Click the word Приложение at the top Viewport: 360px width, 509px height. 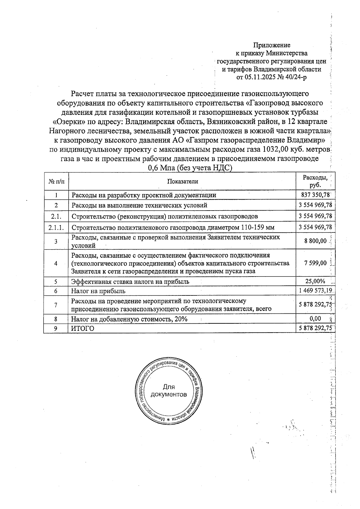click(x=272, y=45)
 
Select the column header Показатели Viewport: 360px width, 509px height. click(x=183, y=181)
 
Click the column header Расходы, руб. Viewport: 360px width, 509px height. click(x=315, y=181)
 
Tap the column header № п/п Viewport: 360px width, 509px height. click(x=56, y=181)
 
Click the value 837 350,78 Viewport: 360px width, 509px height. click(x=315, y=195)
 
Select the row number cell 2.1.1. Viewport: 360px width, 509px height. click(x=56, y=227)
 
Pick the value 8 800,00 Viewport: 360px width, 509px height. click(x=315, y=241)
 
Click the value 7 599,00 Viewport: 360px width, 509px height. click(x=315, y=263)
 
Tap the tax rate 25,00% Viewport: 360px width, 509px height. click(x=315, y=281)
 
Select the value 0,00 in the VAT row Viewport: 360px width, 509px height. click(x=315, y=319)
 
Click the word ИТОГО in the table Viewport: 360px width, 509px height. click(x=82, y=328)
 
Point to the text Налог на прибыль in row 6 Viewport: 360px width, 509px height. click(x=98, y=291)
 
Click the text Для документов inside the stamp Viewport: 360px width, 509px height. click(x=169, y=391)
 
